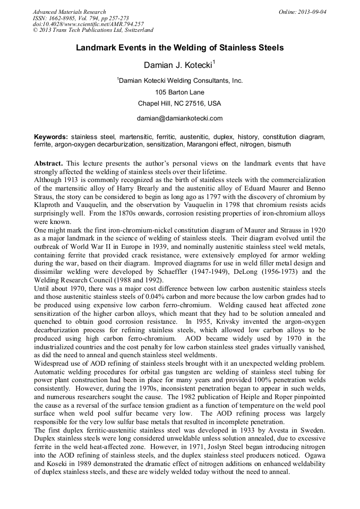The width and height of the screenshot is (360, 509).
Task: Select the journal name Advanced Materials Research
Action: pos(69,12)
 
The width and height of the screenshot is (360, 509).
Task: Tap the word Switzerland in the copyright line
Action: pos(134,31)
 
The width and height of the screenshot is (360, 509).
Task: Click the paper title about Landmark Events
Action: pos(179,48)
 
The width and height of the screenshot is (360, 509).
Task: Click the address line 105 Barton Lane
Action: pos(179,92)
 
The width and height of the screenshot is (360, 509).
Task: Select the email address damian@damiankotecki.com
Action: pos(179,118)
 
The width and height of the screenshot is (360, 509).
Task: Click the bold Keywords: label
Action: pos(51,136)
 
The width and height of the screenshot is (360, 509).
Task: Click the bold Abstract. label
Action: pos(49,163)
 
